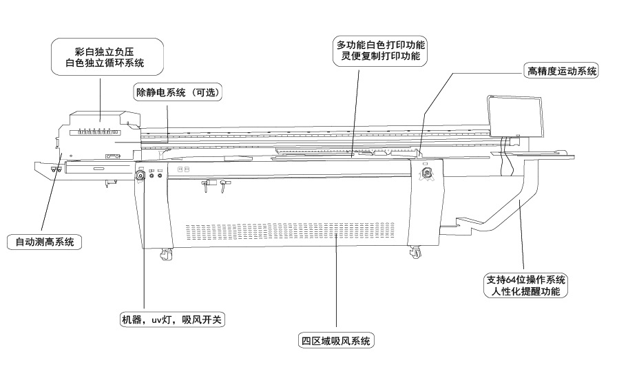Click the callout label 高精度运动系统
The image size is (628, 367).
[x=561, y=70]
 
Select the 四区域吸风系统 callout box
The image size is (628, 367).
[x=337, y=341]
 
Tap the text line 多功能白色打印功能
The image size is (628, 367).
[x=381, y=44]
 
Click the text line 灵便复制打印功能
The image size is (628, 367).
[x=381, y=56]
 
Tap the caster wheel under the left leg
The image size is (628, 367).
[x=166, y=255]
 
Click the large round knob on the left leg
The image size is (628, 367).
[x=141, y=177]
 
